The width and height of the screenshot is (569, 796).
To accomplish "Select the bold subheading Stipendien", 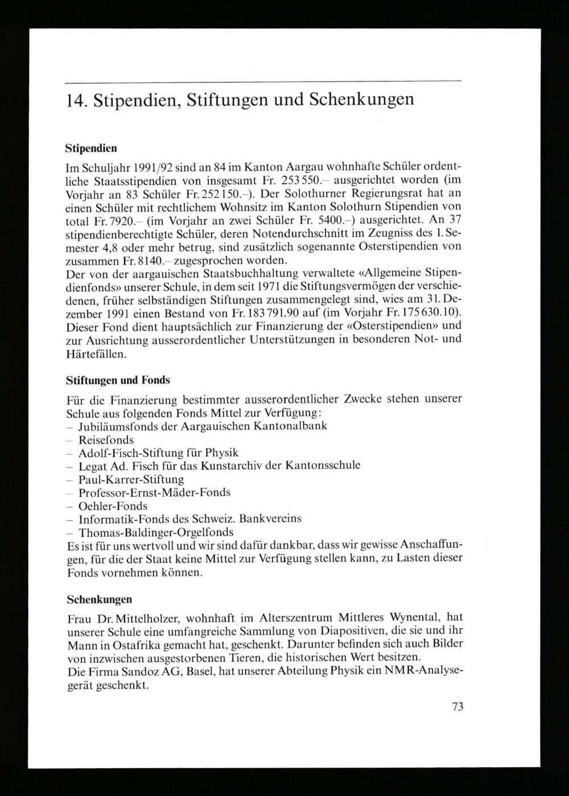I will (91, 149).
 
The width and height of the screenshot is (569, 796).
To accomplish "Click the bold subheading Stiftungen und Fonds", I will (118, 380).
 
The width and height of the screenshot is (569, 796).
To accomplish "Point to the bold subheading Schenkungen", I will (99, 599).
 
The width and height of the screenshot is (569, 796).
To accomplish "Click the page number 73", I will (458, 707).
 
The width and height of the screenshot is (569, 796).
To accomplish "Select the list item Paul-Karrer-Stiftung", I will (131, 480).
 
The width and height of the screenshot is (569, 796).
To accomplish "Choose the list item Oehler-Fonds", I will (113, 506).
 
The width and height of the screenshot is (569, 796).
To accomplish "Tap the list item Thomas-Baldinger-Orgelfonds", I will (156, 533).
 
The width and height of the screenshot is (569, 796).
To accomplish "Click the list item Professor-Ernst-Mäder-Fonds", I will (154, 493).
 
